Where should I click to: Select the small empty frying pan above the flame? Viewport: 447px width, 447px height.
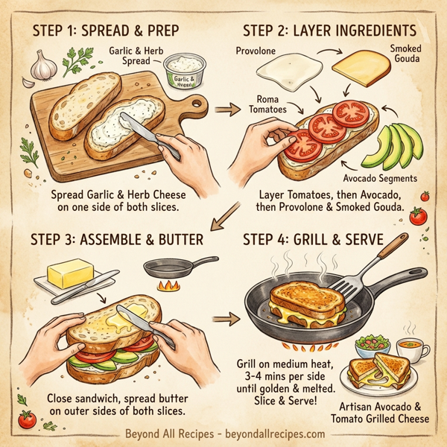pyautogui.click(x=168, y=267)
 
